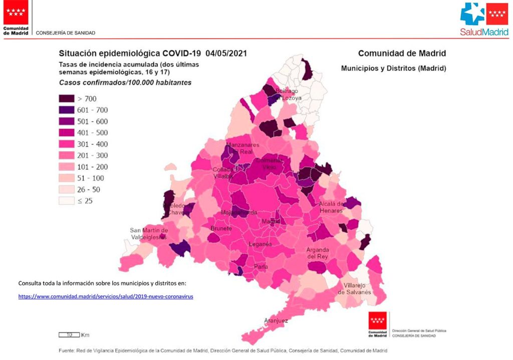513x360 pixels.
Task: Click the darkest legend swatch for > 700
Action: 67,98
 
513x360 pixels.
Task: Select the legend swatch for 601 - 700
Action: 67,110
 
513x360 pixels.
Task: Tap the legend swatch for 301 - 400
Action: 67,144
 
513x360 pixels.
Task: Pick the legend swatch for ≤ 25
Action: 67,201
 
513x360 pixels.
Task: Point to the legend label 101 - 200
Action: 92,167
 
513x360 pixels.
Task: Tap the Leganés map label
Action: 261,244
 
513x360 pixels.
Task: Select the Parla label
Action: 261,266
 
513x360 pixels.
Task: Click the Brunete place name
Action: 221,229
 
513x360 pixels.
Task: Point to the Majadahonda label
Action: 238,213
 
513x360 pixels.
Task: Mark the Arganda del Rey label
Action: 318,253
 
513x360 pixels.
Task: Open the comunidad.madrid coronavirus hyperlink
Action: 106,296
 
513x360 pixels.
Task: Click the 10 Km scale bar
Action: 69,334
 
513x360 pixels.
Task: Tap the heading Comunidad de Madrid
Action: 402,53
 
